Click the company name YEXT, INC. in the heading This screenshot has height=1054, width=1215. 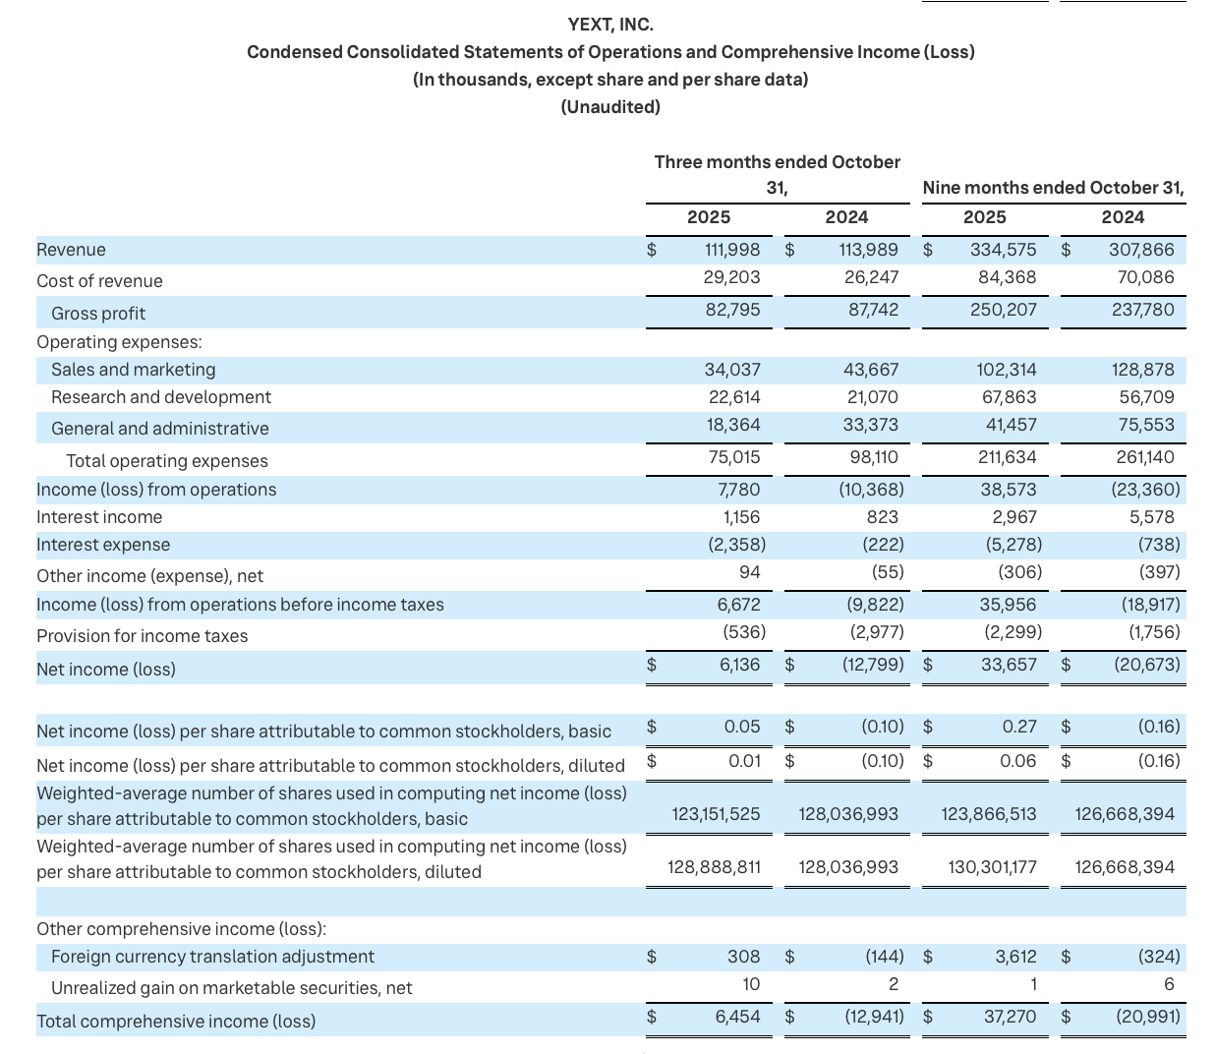(610, 25)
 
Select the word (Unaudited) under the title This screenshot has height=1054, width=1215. (610, 107)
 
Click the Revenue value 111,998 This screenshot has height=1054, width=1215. (731, 250)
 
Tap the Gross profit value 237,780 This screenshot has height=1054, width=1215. (1142, 310)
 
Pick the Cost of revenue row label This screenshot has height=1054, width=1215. (99, 281)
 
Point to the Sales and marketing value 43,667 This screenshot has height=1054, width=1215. (871, 370)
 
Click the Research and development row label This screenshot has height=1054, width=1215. (161, 397)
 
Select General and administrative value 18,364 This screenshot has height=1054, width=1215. (733, 425)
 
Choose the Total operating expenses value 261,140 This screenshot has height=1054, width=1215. (1144, 457)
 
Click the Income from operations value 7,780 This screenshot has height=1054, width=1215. (738, 490)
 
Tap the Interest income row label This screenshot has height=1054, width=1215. (99, 517)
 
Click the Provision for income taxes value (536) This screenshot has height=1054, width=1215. (743, 632)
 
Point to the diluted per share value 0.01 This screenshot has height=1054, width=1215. (744, 761)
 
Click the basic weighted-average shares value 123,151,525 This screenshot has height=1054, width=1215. (716, 814)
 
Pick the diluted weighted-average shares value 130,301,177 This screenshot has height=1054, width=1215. (992, 867)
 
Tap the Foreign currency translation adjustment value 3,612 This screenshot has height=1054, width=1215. (1015, 957)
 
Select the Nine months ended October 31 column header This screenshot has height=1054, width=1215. (1053, 188)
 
